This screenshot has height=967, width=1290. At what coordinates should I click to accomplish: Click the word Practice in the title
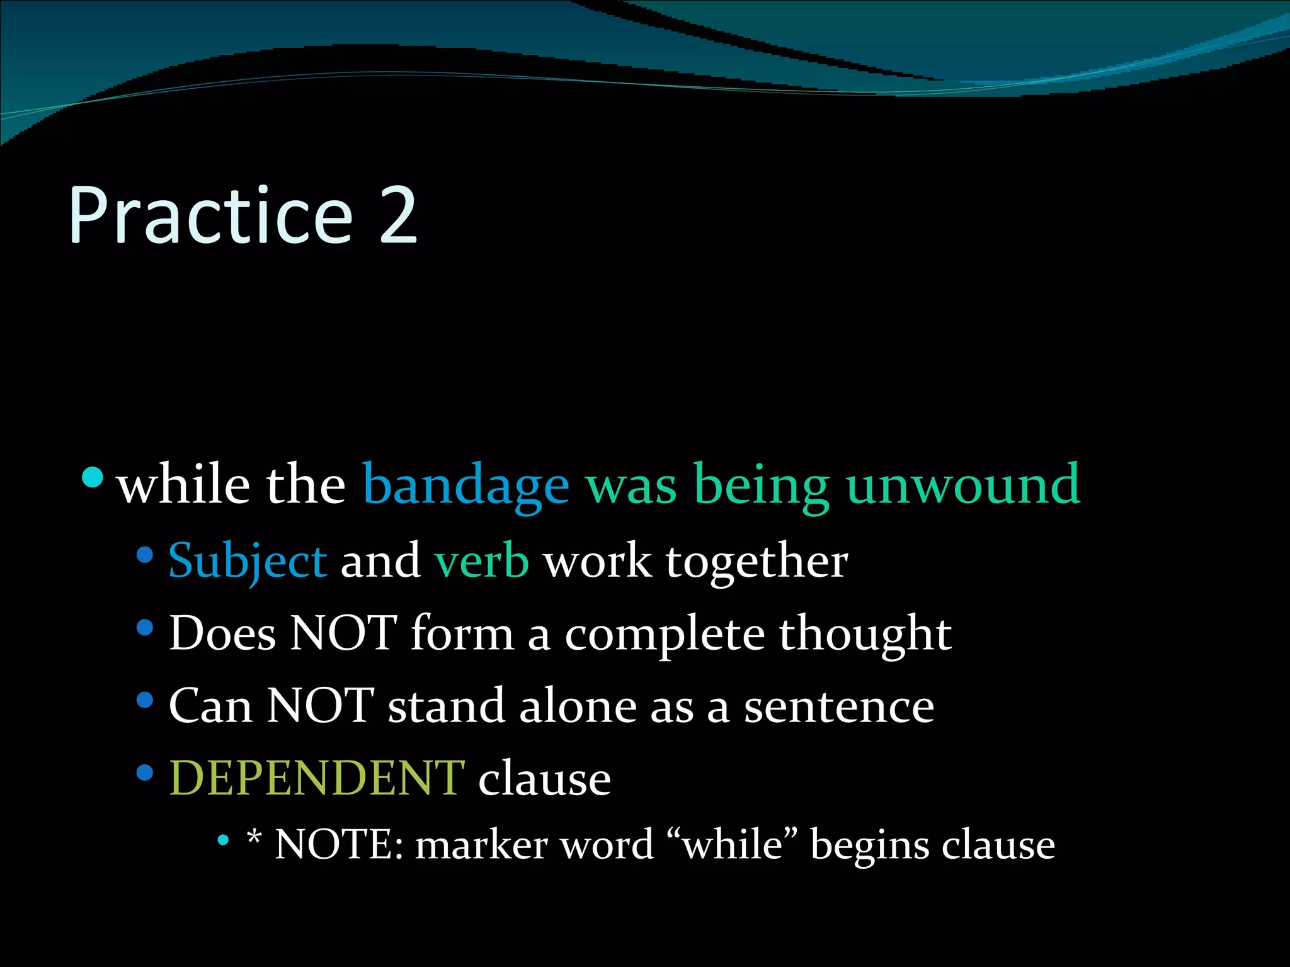point(211,215)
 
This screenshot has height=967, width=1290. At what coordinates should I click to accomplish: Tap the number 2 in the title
point(398,215)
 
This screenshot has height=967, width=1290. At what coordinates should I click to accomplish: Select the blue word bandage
point(466,485)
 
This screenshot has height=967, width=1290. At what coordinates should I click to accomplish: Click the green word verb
point(482,560)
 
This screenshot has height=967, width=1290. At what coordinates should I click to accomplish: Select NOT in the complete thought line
point(343,633)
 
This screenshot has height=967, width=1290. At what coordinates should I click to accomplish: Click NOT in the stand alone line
point(321,705)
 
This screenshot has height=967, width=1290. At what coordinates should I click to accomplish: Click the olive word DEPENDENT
point(317,778)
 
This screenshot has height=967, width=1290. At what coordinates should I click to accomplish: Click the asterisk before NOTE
point(254,837)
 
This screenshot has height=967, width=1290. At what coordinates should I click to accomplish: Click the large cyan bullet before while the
point(93,477)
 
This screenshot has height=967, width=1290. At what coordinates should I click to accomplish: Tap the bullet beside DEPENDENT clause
point(145,772)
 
